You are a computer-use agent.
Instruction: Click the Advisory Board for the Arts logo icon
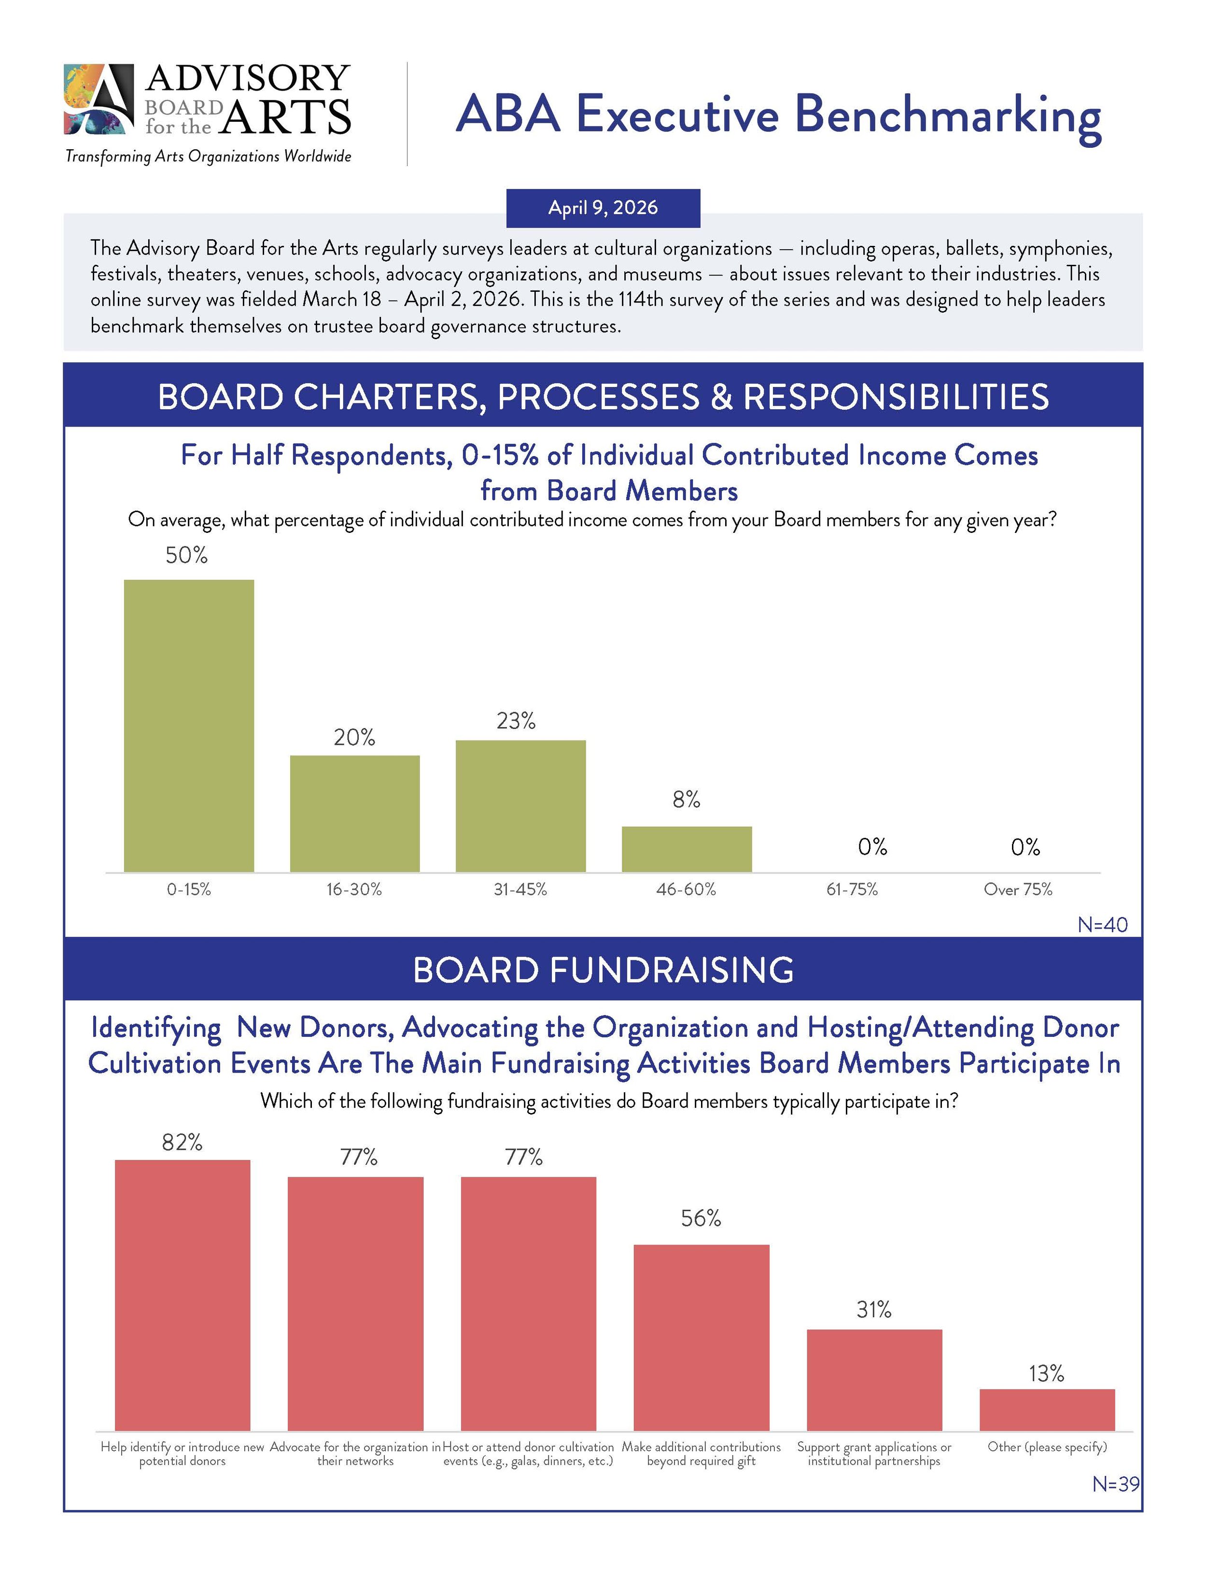99,99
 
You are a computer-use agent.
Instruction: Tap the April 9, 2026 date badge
603,208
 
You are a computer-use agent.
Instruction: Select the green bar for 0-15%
189,726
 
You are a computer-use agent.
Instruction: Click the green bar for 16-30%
355,814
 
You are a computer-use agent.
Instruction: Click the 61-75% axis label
852,890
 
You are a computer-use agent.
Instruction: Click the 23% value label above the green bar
516,721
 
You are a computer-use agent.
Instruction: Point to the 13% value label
1046,1374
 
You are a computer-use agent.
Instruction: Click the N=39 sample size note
1115,1484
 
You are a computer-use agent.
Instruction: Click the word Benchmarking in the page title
948,115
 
